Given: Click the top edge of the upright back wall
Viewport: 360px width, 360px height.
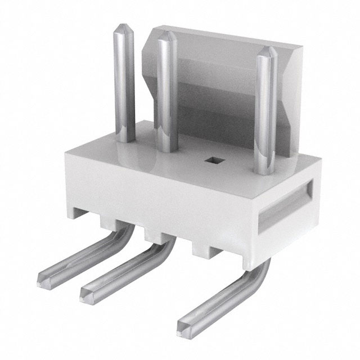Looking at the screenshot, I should click(225, 38).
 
